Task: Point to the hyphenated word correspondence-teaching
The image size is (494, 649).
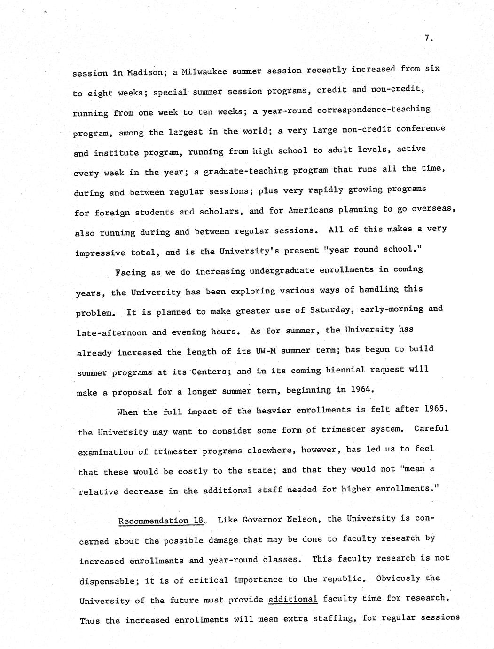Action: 374,109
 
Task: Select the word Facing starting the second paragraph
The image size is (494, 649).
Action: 130,272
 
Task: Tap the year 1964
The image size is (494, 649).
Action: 361,389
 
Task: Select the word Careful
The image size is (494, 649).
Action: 431,428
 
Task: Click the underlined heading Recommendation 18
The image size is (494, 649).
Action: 161,521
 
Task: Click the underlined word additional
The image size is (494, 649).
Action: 293,599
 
